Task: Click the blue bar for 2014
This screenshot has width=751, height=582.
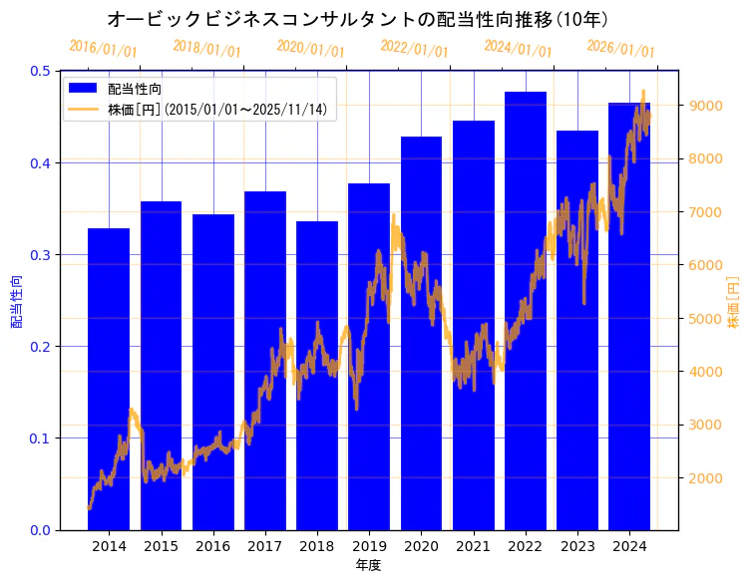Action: pos(109,379)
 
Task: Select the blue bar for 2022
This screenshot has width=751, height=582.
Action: pos(526,310)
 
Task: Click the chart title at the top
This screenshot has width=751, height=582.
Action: pos(356,19)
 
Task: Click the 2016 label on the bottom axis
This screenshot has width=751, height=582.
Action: pos(212,546)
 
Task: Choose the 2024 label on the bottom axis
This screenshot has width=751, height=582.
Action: pos(629,546)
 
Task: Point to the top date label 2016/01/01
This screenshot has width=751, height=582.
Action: pos(103,48)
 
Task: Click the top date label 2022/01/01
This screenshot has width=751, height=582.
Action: pos(414,48)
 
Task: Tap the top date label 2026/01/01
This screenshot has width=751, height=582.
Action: pos(620,48)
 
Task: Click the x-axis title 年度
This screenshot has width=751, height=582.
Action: pos(369,565)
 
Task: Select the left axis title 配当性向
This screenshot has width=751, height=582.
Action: pos(16,300)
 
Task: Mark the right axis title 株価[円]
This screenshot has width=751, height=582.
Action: pos(734,300)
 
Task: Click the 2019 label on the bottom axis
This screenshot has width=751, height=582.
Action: pos(369,546)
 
